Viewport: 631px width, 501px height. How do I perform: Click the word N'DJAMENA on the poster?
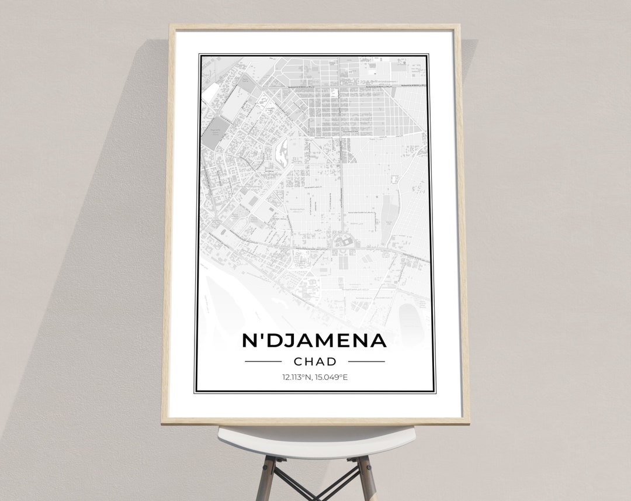coord(314,341)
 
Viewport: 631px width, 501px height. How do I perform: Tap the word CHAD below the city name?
coord(315,361)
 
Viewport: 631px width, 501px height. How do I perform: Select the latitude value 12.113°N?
coord(296,377)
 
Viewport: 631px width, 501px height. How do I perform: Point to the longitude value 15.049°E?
coord(331,377)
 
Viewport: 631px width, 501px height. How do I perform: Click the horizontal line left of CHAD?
coord(263,361)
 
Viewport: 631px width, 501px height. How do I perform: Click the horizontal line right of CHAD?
coord(366,361)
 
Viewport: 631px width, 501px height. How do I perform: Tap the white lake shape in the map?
coord(282,152)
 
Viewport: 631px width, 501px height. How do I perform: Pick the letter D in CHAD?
coord(331,361)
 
